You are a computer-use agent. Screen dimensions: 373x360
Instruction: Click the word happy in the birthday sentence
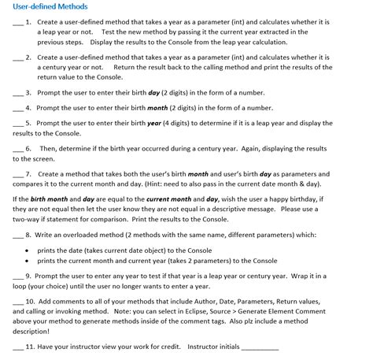[x=298, y=199]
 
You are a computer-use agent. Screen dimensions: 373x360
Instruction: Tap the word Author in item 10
[x=205, y=301]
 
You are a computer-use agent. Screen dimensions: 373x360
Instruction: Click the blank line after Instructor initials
[x=259, y=347]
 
